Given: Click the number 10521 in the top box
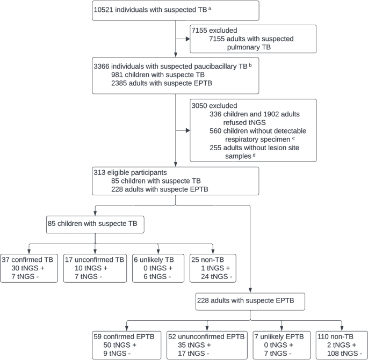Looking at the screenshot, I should click(106, 10).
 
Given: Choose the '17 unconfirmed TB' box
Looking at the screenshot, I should click(95, 268).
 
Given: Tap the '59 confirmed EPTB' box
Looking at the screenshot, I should click(127, 346).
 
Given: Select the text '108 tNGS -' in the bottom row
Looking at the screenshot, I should click(346, 354).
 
